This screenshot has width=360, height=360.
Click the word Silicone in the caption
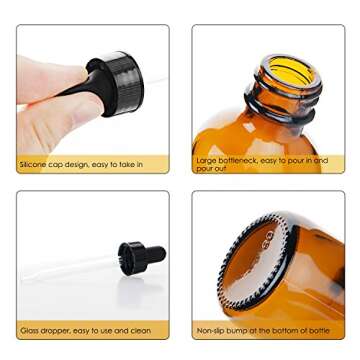pos(33,163)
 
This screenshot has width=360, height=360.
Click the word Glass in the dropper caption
pos(28,328)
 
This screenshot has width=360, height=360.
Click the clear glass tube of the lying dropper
pos(70,267)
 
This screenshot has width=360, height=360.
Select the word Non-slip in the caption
pos(210,328)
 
